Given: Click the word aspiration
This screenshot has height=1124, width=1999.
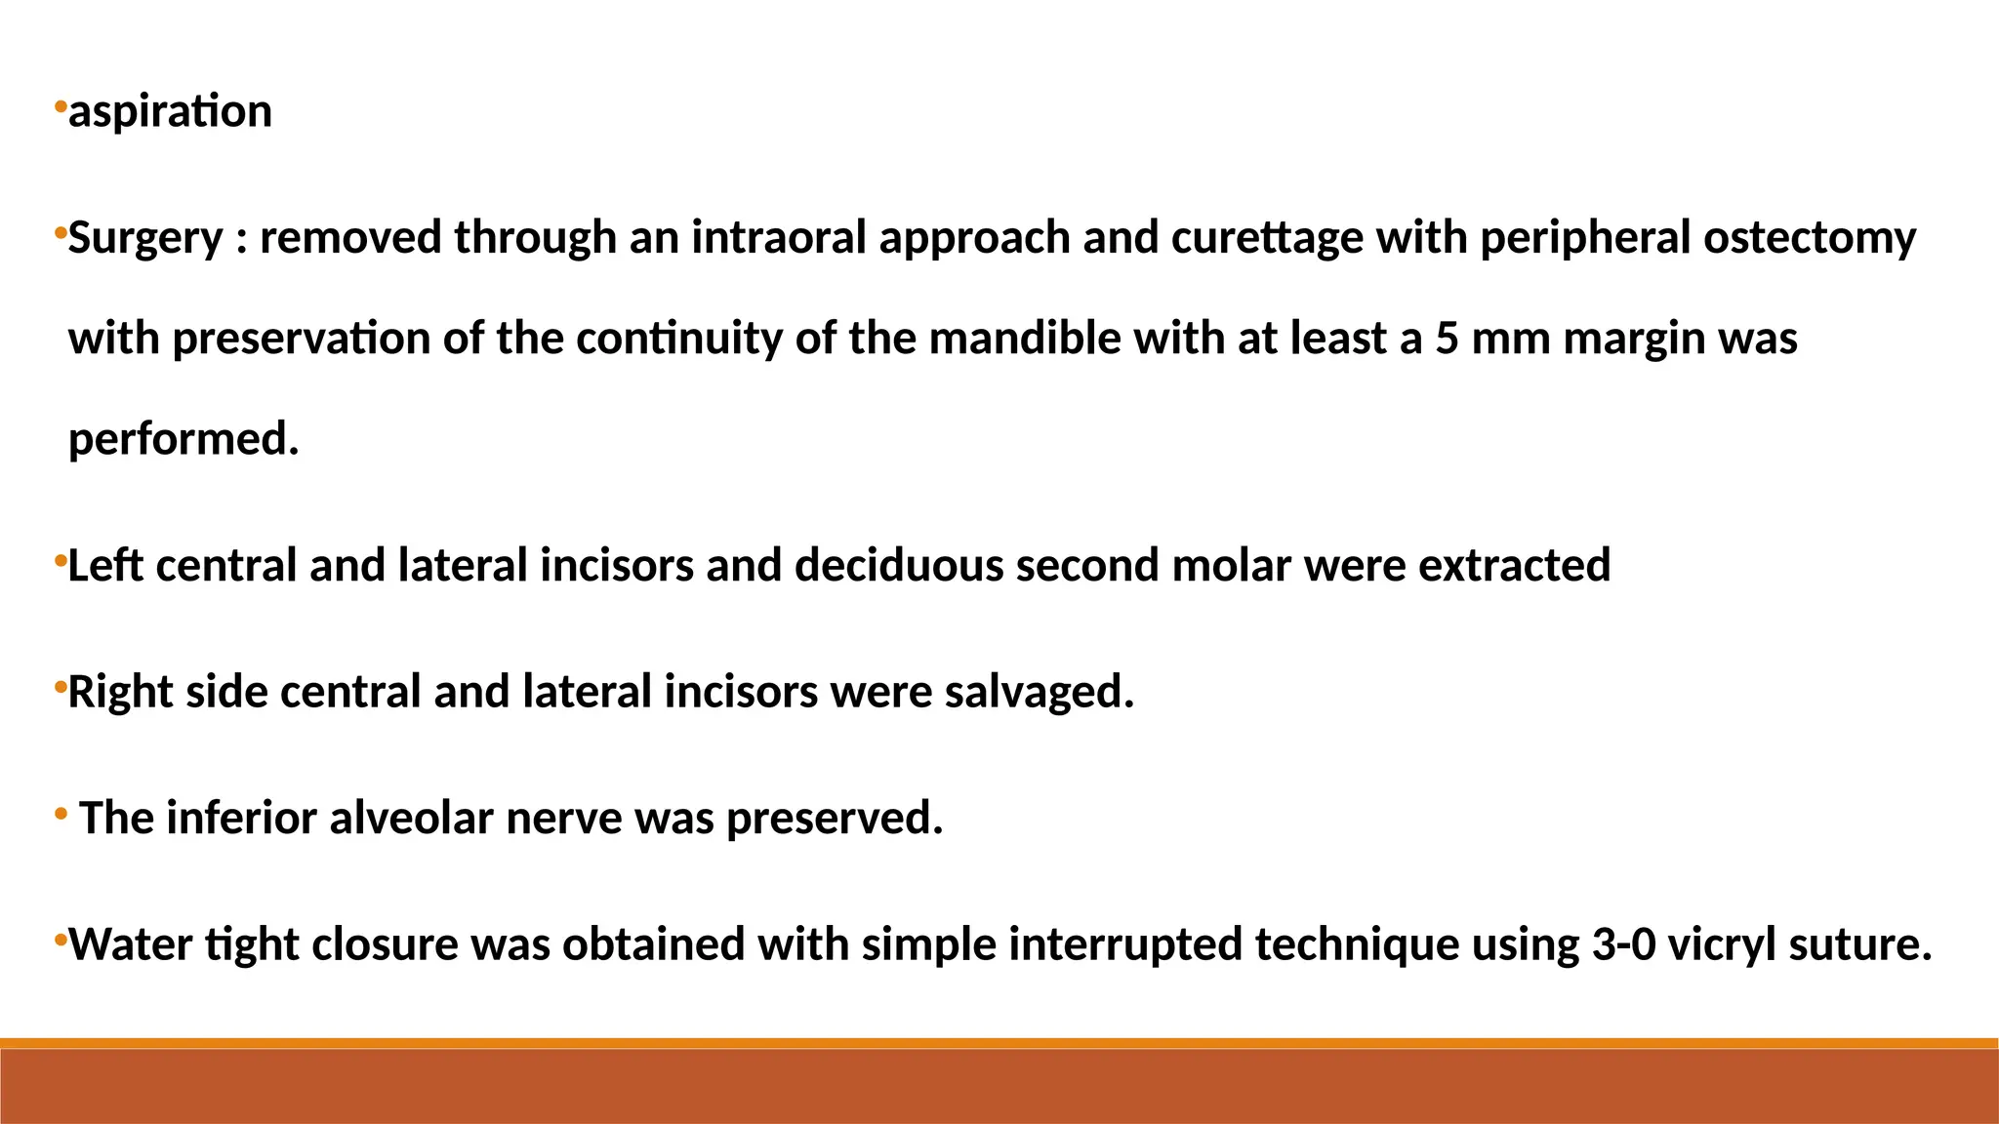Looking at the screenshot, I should tap(170, 111).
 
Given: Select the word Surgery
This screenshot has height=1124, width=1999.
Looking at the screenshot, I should tap(145, 238).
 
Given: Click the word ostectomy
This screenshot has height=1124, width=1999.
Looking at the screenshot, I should tap(1810, 238).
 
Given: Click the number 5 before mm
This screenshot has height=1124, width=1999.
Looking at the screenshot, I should tap(1447, 339).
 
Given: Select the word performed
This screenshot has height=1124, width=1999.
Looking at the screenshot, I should tap(184, 439).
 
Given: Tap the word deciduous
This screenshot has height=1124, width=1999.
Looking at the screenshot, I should tap(899, 566).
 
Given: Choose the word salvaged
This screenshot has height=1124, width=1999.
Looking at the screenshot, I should tap(1039, 692).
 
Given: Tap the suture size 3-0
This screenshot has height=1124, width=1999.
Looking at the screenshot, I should tap(1624, 944).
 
